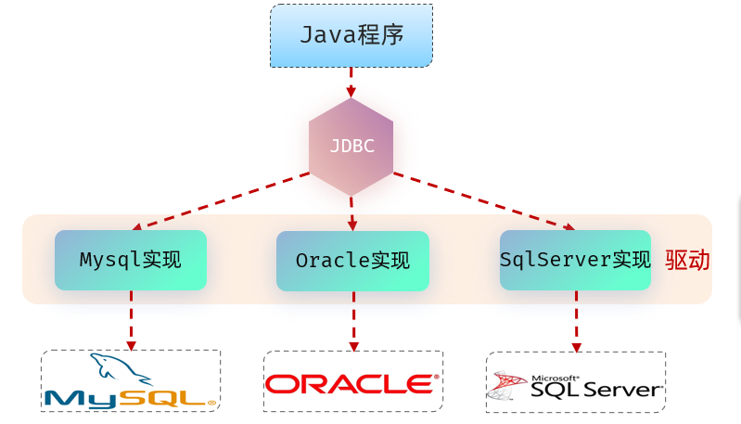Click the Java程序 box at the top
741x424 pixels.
point(351,35)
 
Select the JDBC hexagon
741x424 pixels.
point(351,147)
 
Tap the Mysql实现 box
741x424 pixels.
point(130,261)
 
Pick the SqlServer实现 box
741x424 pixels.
point(575,260)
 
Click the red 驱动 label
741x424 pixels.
point(687,261)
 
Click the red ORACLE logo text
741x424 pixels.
point(352,383)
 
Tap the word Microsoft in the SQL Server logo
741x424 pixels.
point(555,379)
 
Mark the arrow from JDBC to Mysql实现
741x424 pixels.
point(223,201)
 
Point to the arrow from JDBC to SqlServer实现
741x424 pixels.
point(482,201)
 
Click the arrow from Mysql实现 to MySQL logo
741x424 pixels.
point(131,320)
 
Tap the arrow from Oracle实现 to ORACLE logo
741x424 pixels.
point(352,321)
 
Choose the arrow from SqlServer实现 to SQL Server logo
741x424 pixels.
point(576,321)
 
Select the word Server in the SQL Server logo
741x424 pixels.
point(621,390)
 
